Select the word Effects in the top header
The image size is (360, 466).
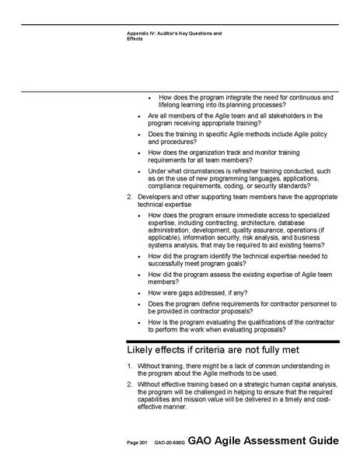coord(135,39)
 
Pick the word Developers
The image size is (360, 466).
coord(155,198)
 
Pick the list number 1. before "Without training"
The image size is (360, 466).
coord(129,366)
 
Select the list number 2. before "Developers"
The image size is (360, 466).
coord(129,198)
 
